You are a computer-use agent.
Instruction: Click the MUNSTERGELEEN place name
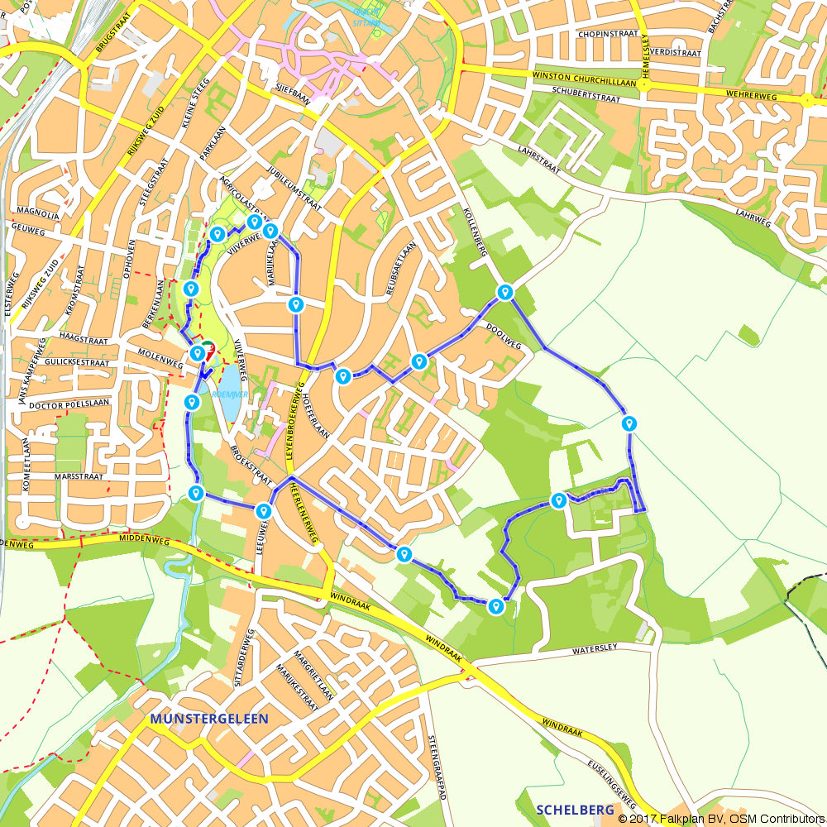tap(209, 719)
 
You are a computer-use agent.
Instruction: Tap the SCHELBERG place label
tap(574, 810)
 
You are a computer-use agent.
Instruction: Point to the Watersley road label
tap(601, 651)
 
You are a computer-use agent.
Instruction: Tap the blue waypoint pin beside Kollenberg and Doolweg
tap(504, 292)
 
